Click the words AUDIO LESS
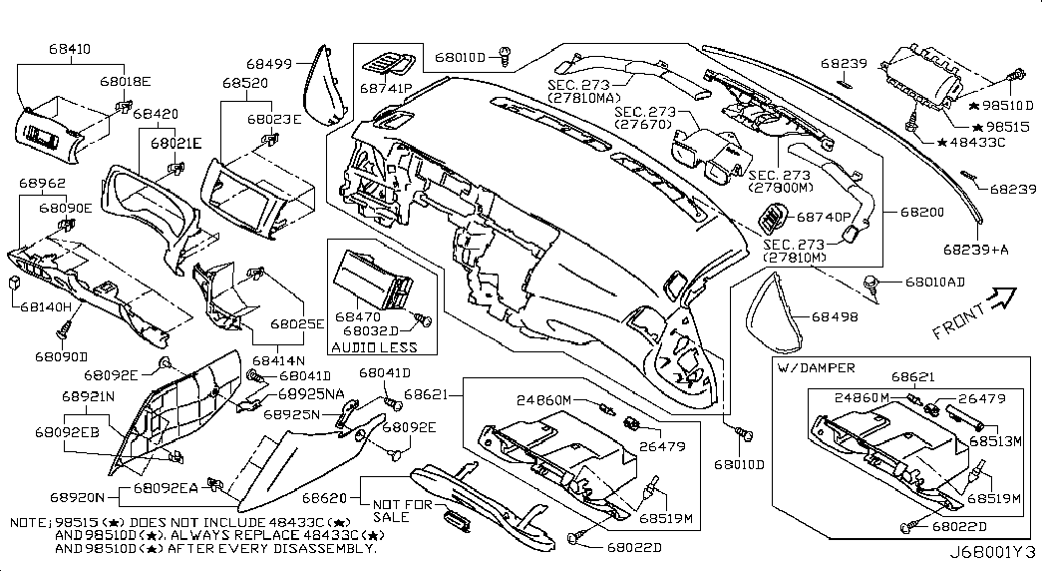376,346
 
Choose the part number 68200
923,213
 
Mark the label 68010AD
935,283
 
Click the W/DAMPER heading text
814,368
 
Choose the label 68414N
277,359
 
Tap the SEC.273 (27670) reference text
645,118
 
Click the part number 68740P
823,217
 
